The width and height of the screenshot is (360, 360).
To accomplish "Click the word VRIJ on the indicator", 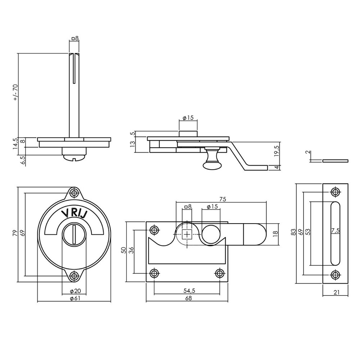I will pyautogui.click(x=75, y=213).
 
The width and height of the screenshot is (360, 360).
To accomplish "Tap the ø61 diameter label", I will pyautogui.click(x=75, y=298).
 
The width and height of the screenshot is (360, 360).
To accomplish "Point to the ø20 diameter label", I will pyautogui.click(x=75, y=291).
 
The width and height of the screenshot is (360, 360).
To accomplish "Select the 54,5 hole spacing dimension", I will pyautogui.click(x=187, y=291).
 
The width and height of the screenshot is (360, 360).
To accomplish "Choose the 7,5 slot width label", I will pyautogui.click(x=335, y=231).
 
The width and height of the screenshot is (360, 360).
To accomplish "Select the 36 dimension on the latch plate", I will pyautogui.click(x=131, y=250).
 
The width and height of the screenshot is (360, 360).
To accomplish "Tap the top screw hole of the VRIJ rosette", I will pyautogui.click(x=75, y=193).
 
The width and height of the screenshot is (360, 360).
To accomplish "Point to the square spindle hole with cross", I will pyautogui.click(x=187, y=234).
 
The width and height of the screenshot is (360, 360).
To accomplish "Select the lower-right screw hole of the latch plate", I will pyautogui.click(x=220, y=273).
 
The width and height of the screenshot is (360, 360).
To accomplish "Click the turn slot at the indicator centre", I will pyautogui.click(x=73, y=234).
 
